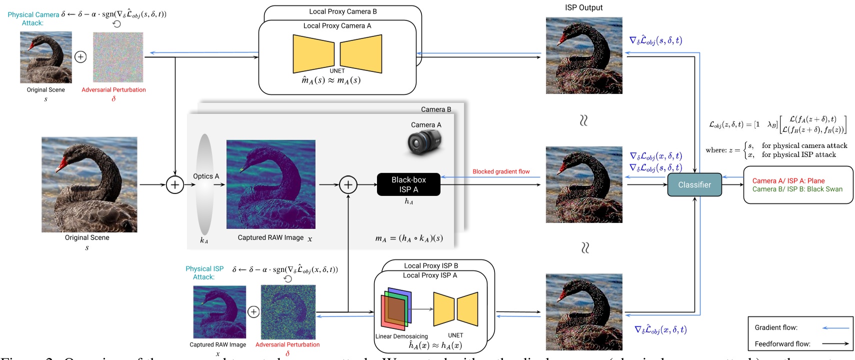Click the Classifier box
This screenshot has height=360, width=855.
click(x=694, y=184)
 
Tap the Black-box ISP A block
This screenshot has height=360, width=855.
click(x=408, y=184)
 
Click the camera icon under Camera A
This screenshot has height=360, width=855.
click(x=424, y=142)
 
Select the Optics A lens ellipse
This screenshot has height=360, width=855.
click(x=204, y=184)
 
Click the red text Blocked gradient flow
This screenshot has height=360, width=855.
click(x=500, y=171)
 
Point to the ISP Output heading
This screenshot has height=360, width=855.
click(x=583, y=7)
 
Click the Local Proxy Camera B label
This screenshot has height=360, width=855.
click(x=342, y=11)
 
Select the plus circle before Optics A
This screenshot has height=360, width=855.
click(x=174, y=185)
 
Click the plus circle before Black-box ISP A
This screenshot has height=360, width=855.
click(x=348, y=185)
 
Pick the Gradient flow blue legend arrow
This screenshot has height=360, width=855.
click(x=835, y=328)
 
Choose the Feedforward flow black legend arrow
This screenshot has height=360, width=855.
click(x=835, y=343)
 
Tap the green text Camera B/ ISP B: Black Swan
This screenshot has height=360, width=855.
click(x=797, y=189)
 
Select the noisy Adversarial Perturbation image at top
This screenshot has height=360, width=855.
click(x=118, y=57)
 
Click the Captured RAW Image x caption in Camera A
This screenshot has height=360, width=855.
click(x=274, y=238)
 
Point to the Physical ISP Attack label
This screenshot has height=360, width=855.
click(x=204, y=272)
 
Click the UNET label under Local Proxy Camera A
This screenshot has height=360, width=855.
click(x=337, y=71)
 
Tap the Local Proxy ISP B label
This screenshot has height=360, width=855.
click(x=430, y=265)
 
